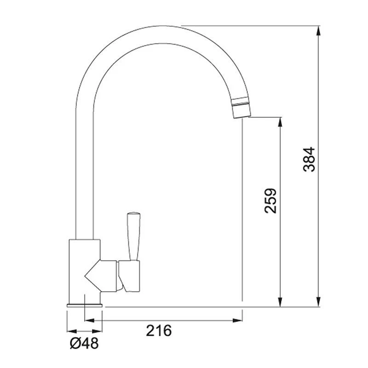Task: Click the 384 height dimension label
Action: tap(310, 159)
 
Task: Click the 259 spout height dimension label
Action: tap(271, 201)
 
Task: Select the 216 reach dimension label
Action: tap(159, 330)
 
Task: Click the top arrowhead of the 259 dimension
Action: tap(279, 121)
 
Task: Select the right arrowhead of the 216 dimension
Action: tap(239, 320)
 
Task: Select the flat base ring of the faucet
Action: tap(85, 305)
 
